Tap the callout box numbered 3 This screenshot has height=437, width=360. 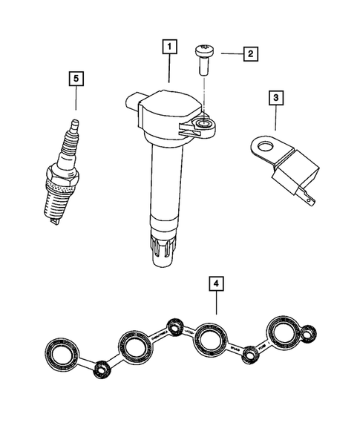[x=275, y=97]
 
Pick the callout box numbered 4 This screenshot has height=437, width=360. [x=215, y=285]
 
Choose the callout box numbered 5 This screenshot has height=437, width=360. [x=74, y=78]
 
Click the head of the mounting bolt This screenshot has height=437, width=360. [x=203, y=51]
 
